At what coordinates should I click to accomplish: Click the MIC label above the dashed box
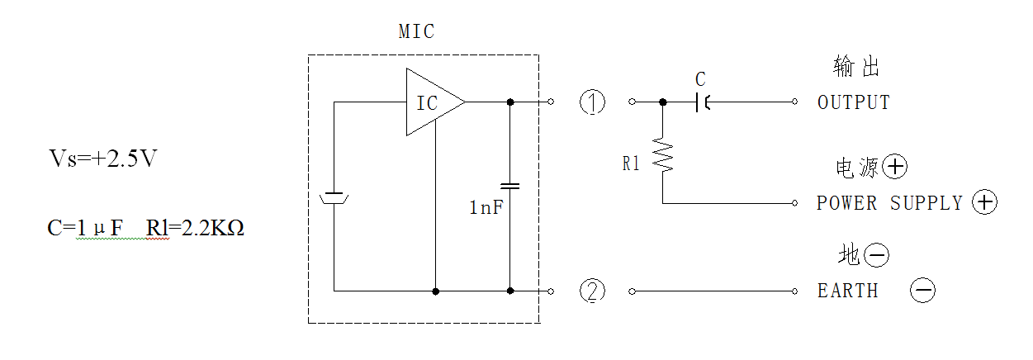(x=416, y=32)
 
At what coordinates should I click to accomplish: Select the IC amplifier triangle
(x=435, y=102)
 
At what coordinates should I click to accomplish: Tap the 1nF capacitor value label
(x=486, y=207)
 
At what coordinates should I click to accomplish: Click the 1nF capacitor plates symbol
(x=510, y=186)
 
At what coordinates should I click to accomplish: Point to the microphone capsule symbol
(x=334, y=198)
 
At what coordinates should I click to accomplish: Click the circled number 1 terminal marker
(x=592, y=102)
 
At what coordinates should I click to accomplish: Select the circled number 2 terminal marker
(x=592, y=291)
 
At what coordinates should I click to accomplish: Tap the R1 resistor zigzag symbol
(x=663, y=154)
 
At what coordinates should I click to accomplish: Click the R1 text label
(x=631, y=163)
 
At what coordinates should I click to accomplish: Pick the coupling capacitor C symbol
(x=703, y=102)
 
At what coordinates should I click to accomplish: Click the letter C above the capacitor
(x=700, y=79)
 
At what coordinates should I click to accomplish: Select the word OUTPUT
(x=854, y=102)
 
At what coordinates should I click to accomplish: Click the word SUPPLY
(x=926, y=203)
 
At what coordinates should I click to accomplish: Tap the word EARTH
(x=848, y=291)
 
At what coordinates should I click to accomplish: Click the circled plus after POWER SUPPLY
(x=984, y=202)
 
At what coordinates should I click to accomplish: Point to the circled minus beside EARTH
(x=923, y=290)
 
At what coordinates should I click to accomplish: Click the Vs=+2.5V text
(x=103, y=159)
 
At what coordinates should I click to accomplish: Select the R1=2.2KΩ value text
(x=195, y=228)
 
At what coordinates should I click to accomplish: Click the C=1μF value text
(x=85, y=228)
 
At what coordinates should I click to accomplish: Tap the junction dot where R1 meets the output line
(x=663, y=102)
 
